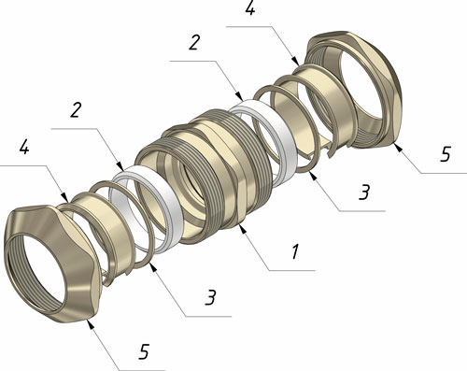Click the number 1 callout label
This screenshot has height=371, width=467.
pos(295,251)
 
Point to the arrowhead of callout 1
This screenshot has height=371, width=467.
pos(244,229)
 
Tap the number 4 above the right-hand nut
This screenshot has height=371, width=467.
pos(250,7)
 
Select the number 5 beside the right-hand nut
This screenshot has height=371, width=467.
pos(446,153)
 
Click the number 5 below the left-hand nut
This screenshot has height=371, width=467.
pos(144,351)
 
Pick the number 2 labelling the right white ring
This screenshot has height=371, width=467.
pos(194,42)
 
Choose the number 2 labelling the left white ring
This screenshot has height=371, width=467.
pos(76,109)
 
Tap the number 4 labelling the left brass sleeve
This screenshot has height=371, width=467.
pos(24,147)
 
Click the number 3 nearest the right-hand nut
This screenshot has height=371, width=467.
pos(364,192)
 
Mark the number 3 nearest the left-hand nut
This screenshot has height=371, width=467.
pos(210,297)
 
